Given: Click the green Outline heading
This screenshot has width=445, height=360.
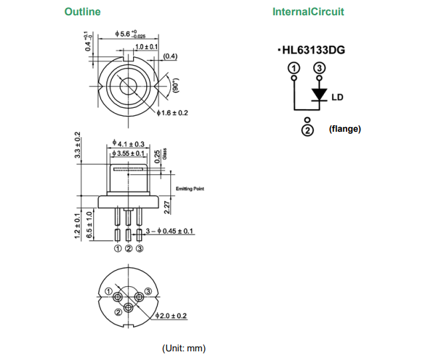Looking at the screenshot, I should coord(82,12).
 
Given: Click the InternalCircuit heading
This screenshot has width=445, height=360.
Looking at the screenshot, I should coord(309,12).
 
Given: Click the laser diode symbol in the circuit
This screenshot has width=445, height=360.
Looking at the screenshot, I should coord(319,94).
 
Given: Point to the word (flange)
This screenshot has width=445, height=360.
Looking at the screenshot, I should coord(345,128).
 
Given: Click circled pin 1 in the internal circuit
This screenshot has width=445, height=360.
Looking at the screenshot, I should coord(293,68).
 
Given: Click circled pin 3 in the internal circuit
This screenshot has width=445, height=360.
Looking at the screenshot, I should coord(319,68).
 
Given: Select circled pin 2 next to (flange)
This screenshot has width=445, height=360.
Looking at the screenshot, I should coord(307,130).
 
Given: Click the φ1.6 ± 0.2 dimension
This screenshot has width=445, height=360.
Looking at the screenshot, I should coord(172,113).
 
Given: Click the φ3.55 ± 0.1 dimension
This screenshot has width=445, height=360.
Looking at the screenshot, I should coord(129,154).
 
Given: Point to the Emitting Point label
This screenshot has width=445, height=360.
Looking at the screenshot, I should coord(190,189).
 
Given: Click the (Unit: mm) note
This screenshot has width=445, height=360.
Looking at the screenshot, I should coord(184,348).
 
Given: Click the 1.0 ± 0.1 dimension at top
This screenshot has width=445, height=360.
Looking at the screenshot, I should coord(146,47).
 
